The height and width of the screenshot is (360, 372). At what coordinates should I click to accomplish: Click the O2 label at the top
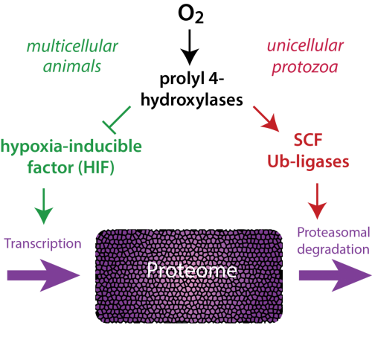click(x=190, y=14)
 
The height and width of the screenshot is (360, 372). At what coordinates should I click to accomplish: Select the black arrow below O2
click(x=190, y=47)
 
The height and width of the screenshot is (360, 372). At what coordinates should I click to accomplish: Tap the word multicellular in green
click(x=72, y=46)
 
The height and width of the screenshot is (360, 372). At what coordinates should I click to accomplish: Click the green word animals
click(x=72, y=66)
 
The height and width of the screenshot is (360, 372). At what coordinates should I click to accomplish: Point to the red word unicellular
click(x=305, y=45)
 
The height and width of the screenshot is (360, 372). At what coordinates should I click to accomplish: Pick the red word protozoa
click(x=305, y=67)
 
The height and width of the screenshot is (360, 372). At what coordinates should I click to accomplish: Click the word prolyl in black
click(x=182, y=79)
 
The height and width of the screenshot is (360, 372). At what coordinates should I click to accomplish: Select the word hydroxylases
click(x=192, y=100)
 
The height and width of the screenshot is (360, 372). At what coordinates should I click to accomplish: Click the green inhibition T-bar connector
click(x=117, y=120)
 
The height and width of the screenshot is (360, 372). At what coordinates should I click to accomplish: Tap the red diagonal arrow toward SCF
click(x=266, y=119)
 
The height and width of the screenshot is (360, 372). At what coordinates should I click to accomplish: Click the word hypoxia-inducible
click(x=71, y=147)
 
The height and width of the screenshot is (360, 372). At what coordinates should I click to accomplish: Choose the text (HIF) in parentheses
click(x=96, y=167)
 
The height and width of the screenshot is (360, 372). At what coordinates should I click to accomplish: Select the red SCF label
click(x=308, y=140)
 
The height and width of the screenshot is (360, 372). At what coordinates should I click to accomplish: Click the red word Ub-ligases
click(x=308, y=161)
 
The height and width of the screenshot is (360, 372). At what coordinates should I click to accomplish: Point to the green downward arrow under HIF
click(x=44, y=206)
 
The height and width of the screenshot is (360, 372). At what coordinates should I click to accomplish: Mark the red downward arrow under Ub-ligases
click(x=317, y=202)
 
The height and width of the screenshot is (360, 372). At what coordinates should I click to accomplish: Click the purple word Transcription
click(x=43, y=243)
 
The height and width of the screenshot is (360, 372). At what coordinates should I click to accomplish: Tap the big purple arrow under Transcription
click(x=44, y=275)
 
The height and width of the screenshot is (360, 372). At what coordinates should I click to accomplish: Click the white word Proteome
click(x=192, y=270)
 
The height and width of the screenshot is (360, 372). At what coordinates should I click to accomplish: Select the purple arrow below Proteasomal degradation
click(x=336, y=275)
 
